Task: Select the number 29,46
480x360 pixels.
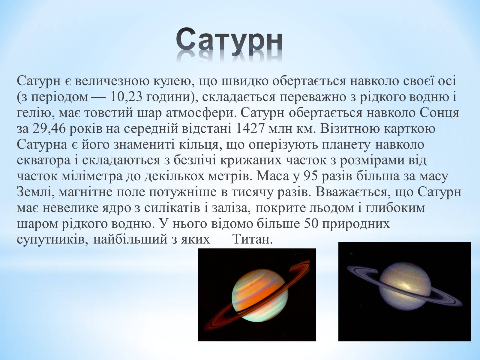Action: pyautogui.click(x=49, y=128)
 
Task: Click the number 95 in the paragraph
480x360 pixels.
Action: pyautogui.click(x=311, y=176)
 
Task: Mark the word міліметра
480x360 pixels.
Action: pyautogui.click(x=92, y=176)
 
